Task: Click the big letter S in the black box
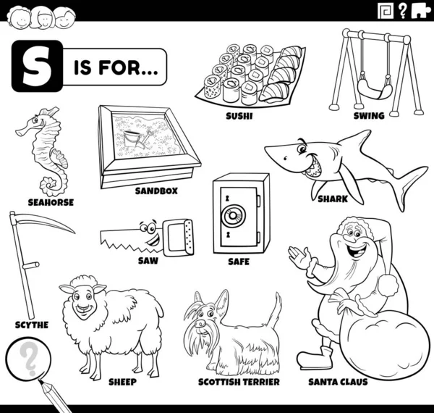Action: pos(37,66)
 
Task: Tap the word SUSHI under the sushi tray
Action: pos(239,116)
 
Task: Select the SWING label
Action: pos(369,116)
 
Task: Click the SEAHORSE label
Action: pos(51,202)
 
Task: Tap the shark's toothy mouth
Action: pos(312,167)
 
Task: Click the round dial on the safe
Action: pos(234,215)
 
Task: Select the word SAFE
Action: pos(239,262)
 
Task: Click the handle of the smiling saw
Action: pos(178,237)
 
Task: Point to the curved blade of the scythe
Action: pos(44,222)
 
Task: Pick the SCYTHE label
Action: pos(32,325)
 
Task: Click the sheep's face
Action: pos(82,301)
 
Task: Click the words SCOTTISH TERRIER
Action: pos(239,382)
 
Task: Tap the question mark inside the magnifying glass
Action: pos(28,359)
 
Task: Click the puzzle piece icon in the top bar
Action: pos(421,11)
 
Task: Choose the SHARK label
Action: pos(333,199)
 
